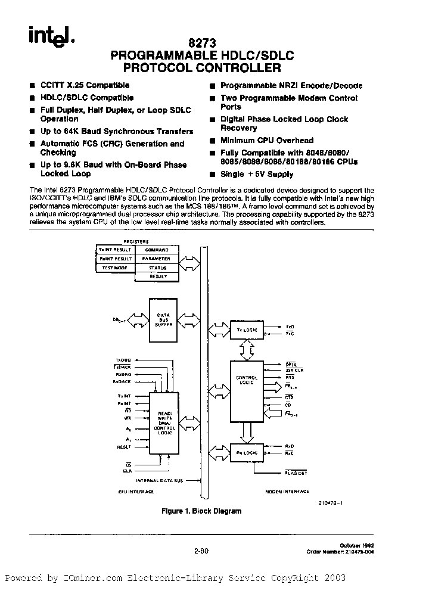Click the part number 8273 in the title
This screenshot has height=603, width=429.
tap(202, 43)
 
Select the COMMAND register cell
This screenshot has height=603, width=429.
tap(158, 250)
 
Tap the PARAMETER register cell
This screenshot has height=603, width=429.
tap(158, 259)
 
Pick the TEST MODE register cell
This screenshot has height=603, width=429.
tap(116, 268)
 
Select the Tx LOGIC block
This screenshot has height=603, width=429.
tap(247, 330)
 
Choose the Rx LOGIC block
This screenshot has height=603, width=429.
tap(247, 453)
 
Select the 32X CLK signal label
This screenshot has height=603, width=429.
tap(293, 370)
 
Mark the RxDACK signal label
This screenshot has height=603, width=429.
tap(124, 382)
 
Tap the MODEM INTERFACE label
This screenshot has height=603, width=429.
tap(288, 492)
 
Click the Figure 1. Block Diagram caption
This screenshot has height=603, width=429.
tap(202, 511)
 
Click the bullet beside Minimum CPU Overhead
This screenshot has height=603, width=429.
tap(212, 141)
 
